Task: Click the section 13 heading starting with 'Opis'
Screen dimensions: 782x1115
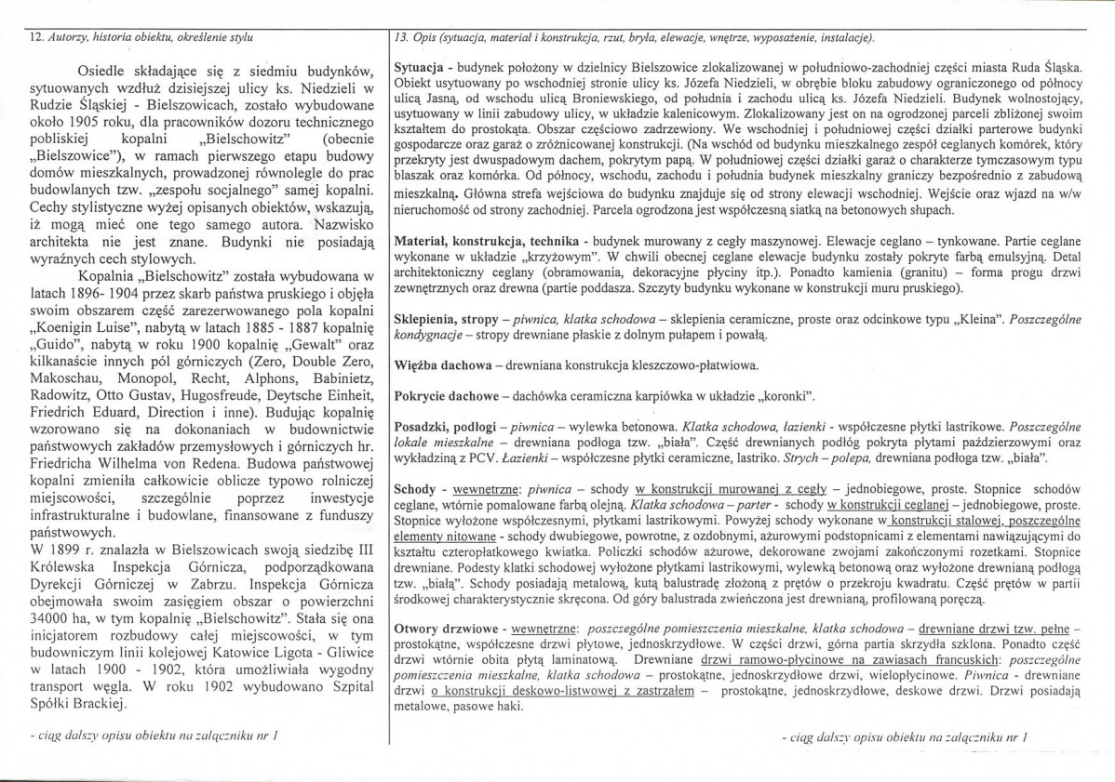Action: (x=632, y=36)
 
